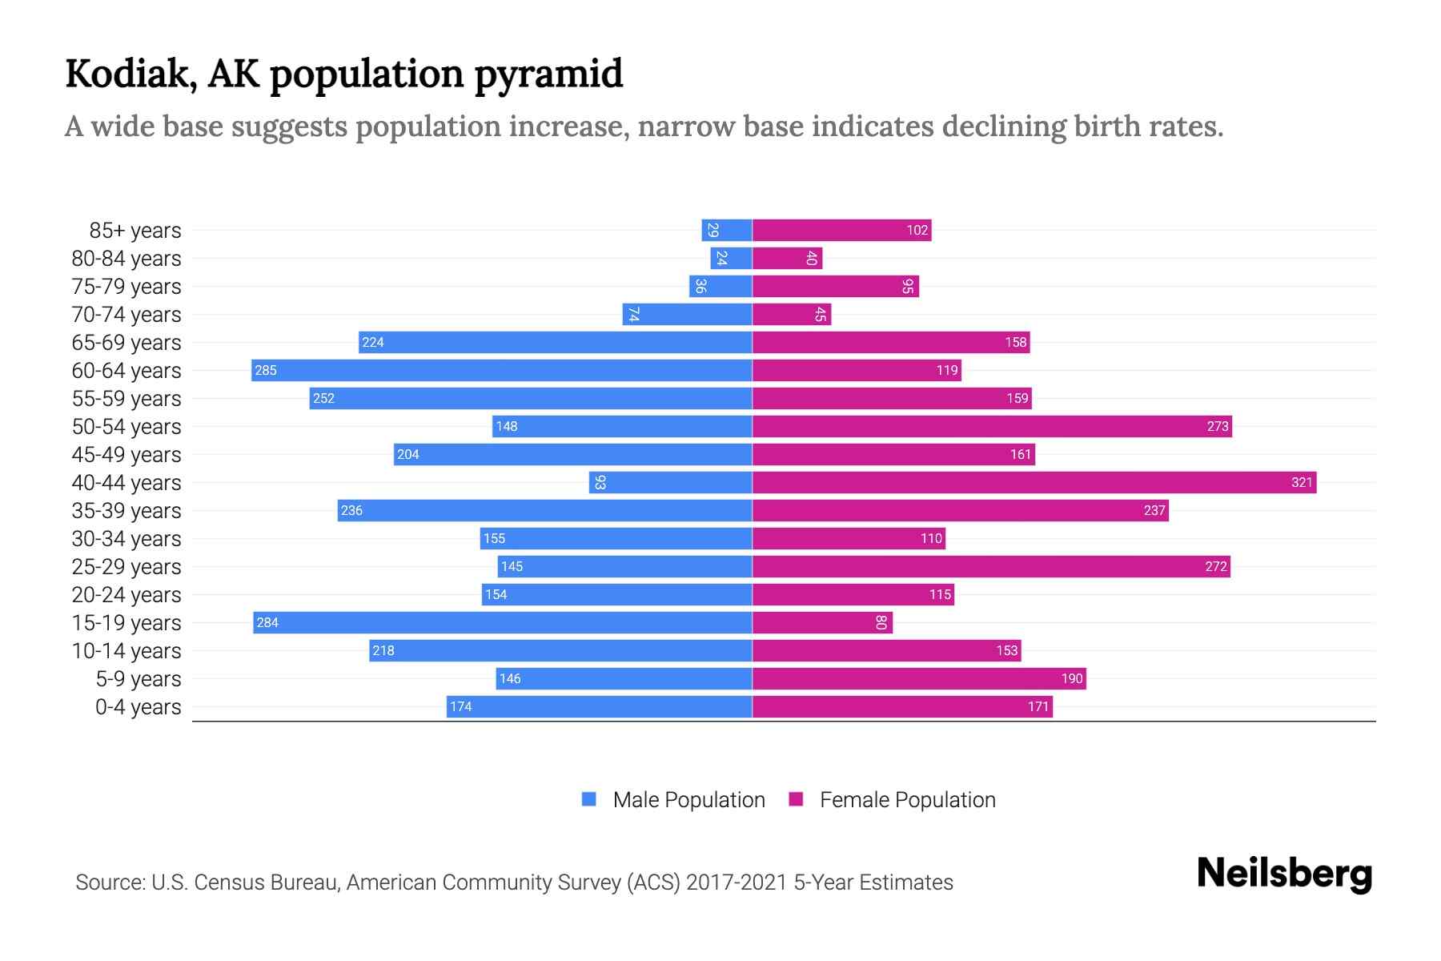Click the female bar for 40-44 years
(x=1033, y=482)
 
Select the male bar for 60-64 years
(x=501, y=370)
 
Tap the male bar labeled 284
(x=502, y=622)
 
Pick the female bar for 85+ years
(x=841, y=231)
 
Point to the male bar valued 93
(x=670, y=482)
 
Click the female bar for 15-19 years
(x=821, y=622)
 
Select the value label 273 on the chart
(x=1217, y=426)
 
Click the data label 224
(x=373, y=343)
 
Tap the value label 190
(x=1071, y=679)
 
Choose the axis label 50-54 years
(x=126, y=427)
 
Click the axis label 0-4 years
(x=138, y=707)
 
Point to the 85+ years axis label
(x=135, y=231)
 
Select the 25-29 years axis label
(x=126, y=567)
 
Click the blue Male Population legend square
(x=589, y=799)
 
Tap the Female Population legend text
(x=907, y=800)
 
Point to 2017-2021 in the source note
(x=736, y=883)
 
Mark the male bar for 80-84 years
(x=731, y=259)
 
